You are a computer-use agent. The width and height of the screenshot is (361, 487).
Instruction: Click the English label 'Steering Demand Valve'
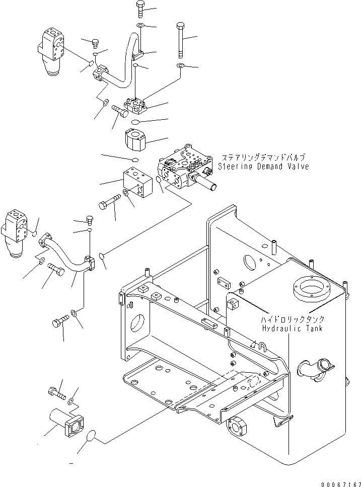263,167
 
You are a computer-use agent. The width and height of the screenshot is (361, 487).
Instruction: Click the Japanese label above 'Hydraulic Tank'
292,319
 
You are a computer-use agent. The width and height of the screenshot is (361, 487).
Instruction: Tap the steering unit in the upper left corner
52,50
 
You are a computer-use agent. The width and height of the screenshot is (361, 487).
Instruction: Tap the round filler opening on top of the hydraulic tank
311,290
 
